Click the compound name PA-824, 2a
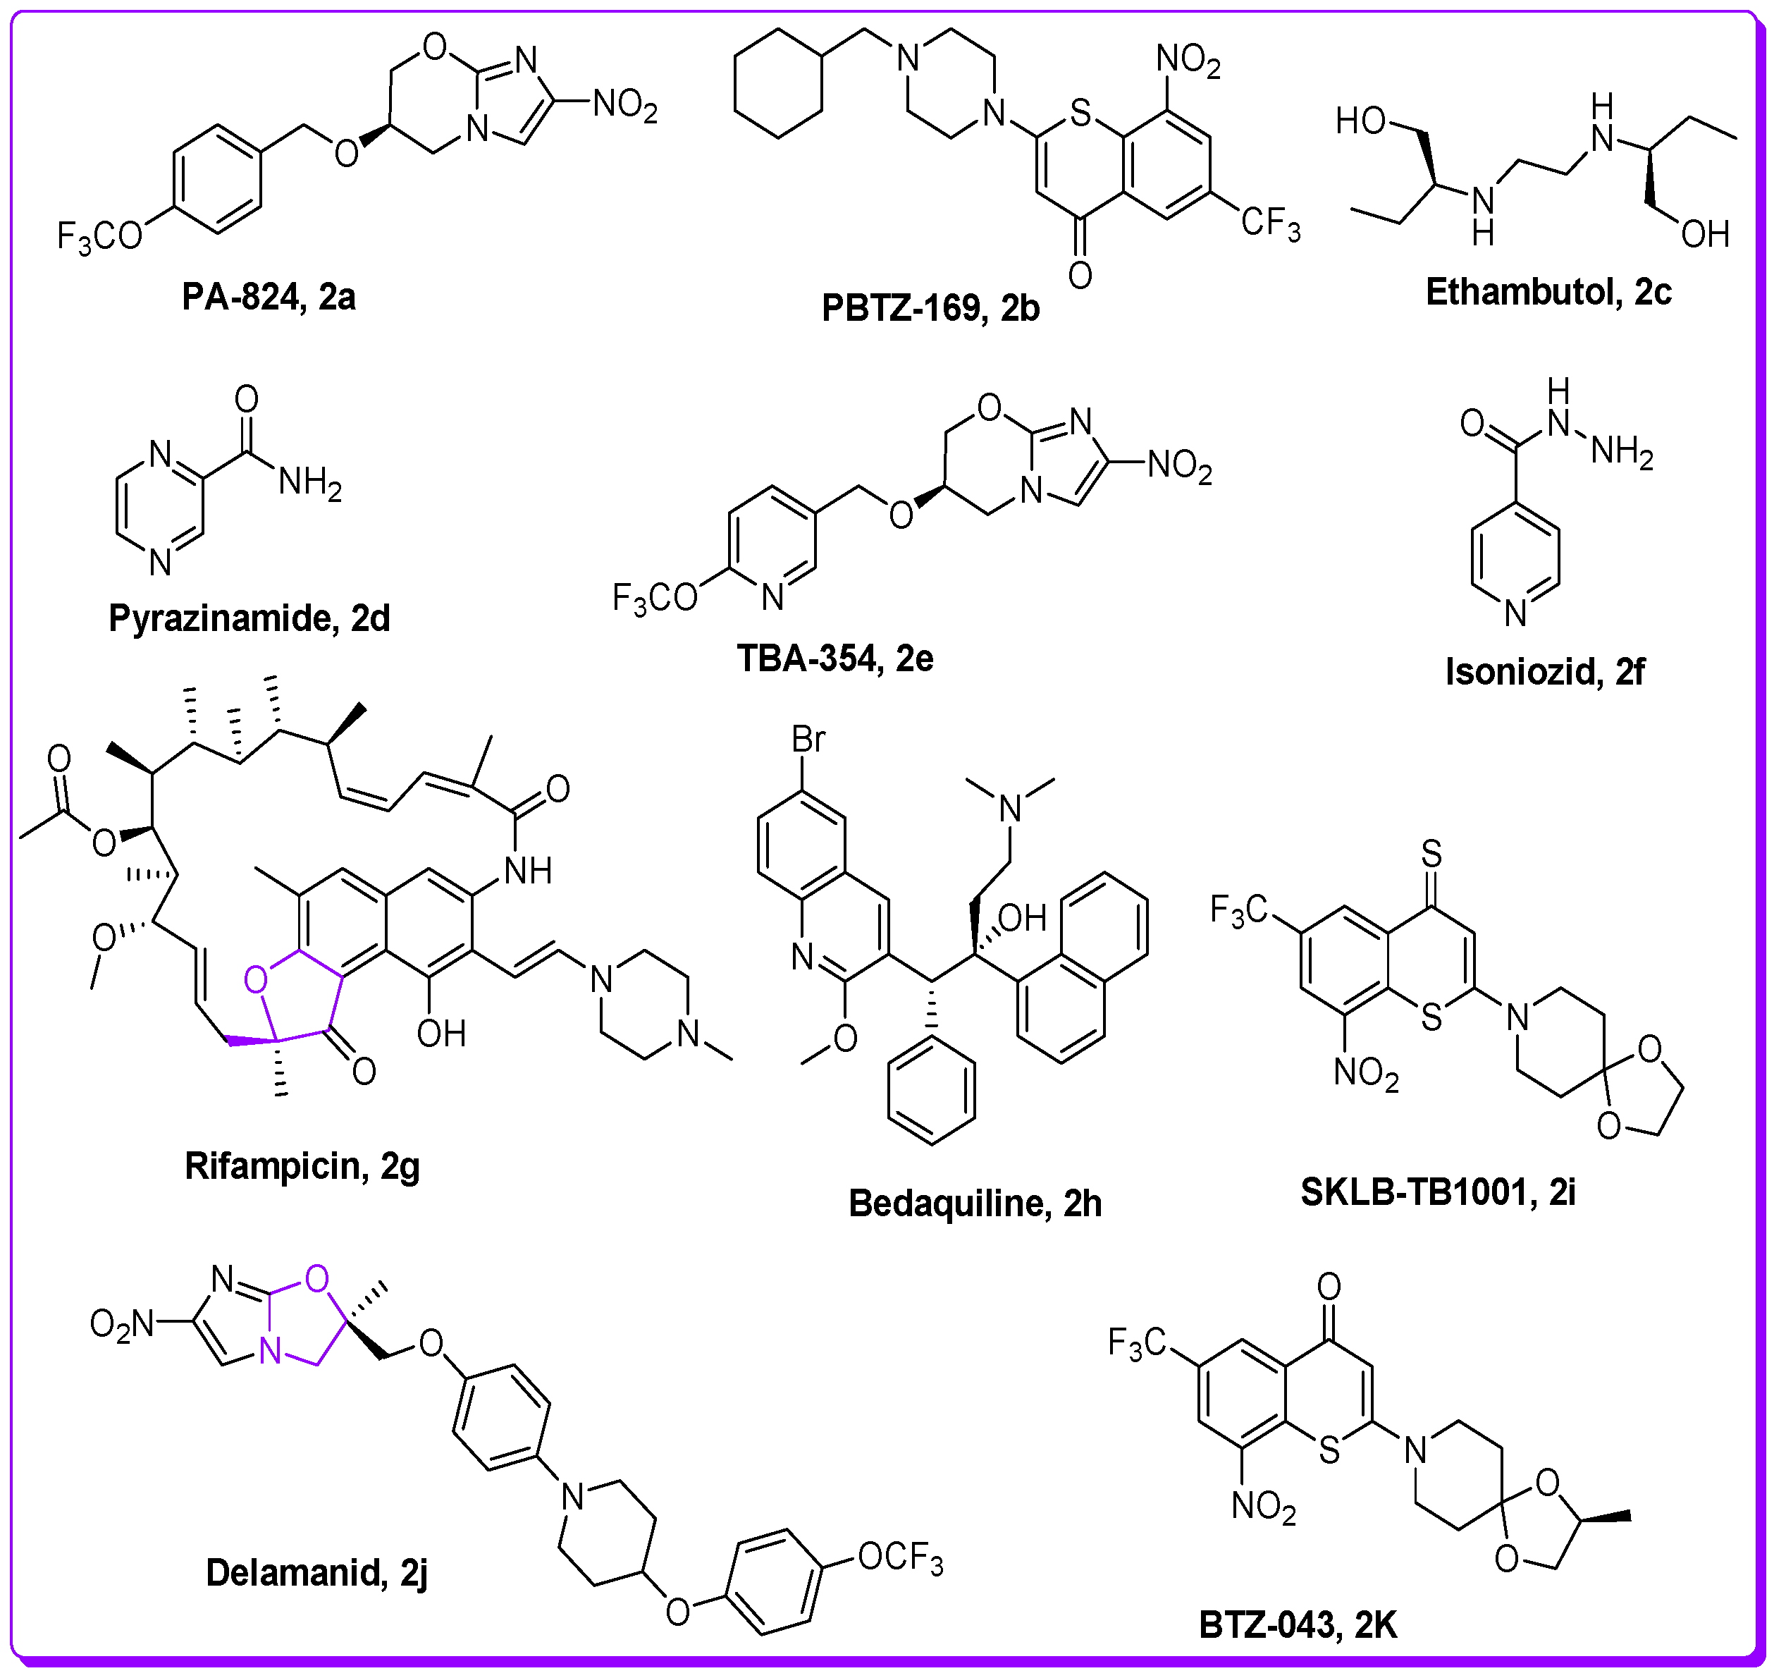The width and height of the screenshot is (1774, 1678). pyautogui.click(x=269, y=297)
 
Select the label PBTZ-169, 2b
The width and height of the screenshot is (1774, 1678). pyautogui.click(x=930, y=309)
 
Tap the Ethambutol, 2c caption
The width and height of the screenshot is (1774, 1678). pyautogui.click(x=1548, y=293)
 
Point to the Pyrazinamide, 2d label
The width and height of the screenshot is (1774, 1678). pyautogui.click(x=249, y=618)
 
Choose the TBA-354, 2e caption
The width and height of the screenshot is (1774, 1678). pyautogui.click(x=834, y=659)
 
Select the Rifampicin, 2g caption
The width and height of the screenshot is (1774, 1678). pyautogui.click(x=302, y=1166)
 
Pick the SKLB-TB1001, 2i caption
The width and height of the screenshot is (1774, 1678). pyautogui.click(x=1437, y=1192)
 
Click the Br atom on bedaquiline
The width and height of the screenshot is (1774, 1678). pyautogui.click(x=808, y=740)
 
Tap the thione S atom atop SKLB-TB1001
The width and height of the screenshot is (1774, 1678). pyautogui.click(x=1431, y=855)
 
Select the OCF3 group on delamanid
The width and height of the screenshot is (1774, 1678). pyautogui.click(x=899, y=1558)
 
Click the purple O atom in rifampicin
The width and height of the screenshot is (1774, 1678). pyautogui.click(x=256, y=980)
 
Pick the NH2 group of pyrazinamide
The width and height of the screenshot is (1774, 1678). pyautogui.click(x=309, y=483)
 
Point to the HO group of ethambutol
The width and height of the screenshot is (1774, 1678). pyautogui.click(x=1360, y=121)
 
